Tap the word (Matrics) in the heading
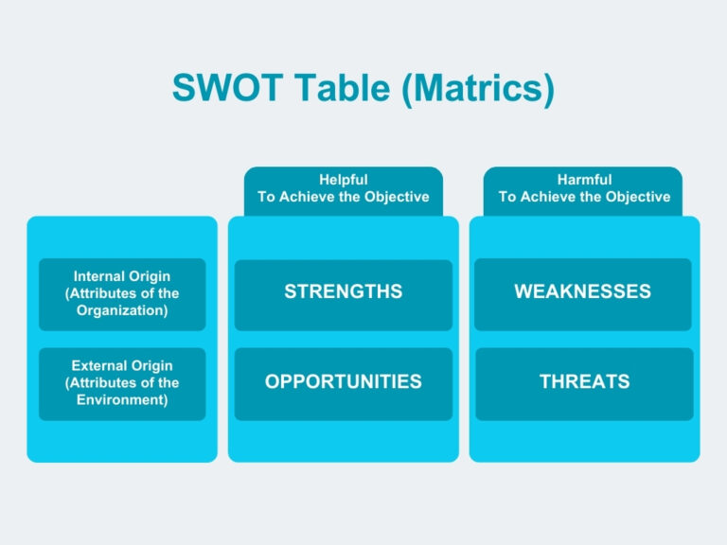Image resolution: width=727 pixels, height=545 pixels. [477, 89]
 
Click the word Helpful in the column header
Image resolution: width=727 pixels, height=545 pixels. [343, 180]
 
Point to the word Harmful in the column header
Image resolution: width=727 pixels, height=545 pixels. [584, 180]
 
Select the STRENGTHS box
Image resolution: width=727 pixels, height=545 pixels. [343, 292]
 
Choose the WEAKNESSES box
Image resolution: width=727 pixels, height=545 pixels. [582, 292]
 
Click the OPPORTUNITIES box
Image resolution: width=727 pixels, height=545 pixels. [343, 382]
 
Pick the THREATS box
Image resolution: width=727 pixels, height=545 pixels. [584, 382]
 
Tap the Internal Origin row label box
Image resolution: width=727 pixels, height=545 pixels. [122, 294]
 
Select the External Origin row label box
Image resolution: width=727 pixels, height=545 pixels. [122, 383]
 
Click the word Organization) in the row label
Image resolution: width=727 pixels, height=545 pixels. [122, 311]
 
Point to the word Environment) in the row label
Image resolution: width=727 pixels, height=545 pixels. [122, 400]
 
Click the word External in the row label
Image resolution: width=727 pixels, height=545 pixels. [99, 365]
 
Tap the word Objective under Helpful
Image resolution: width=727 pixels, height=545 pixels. [397, 198]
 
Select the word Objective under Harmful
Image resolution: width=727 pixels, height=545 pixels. [637, 198]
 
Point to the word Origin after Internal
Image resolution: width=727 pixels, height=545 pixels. [151, 276]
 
